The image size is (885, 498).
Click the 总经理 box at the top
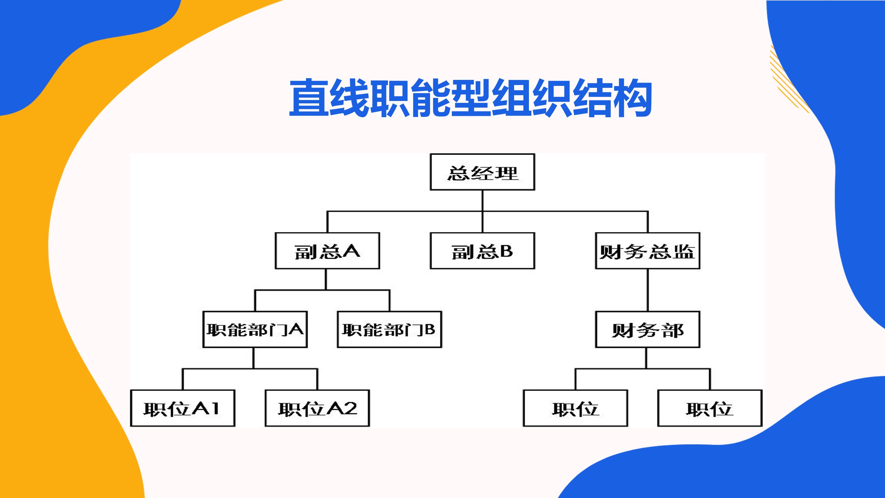point(482,172)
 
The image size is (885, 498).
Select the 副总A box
point(327,251)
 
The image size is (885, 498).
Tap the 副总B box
point(482,251)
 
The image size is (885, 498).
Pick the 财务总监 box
point(647,251)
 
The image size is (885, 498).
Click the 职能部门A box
point(255,330)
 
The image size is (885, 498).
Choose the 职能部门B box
point(389,330)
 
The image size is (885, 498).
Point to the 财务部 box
point(647,330)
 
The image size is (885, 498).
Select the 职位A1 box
point(182,408)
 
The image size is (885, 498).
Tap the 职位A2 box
point(317,408)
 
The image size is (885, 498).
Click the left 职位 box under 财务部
point(575,408)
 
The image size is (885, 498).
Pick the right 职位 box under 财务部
point(709,408)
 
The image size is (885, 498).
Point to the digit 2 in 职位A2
point(350,408)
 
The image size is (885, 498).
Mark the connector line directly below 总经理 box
point(482,201)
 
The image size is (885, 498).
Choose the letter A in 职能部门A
point(296,329)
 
